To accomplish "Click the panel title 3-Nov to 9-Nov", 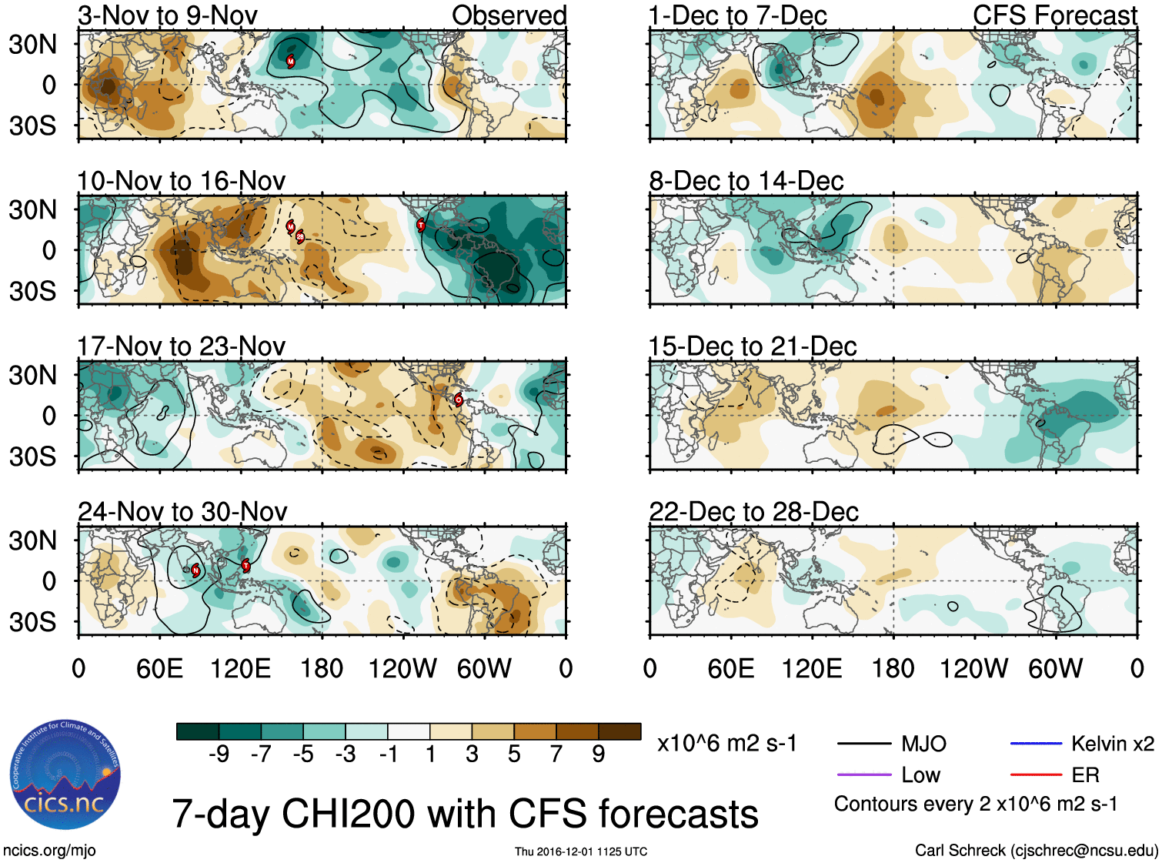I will (x=168, y=15).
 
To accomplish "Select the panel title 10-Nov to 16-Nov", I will (x=182, y=181).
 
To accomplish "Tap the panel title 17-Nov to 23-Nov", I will (x=182, y=346).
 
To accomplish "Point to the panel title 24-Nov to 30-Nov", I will (x=183, y=512).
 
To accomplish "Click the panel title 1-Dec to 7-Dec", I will (x=737, y=15).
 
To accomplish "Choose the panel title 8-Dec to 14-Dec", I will (x=746, y=181).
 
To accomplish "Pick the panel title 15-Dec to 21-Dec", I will (x=753, y=346).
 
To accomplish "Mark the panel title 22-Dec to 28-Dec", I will (x=753, y=512).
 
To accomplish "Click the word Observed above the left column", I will (x=509, y=15).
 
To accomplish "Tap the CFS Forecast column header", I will (x=1054, y=15).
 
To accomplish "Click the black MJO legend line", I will (x=863, y=744).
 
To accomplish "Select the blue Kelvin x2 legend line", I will (x=1036, y=744).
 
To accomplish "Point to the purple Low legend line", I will (x=863, y=774).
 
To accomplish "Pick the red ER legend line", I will (x=1036, y=774).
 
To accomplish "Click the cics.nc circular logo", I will (x=65, y=775).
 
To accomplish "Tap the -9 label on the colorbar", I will (x=219, y=754).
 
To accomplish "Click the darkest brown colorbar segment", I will (x=619, y=731).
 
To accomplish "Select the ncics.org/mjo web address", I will (x=50, y=850).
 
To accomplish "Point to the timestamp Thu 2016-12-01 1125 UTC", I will (x=581, y=851).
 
